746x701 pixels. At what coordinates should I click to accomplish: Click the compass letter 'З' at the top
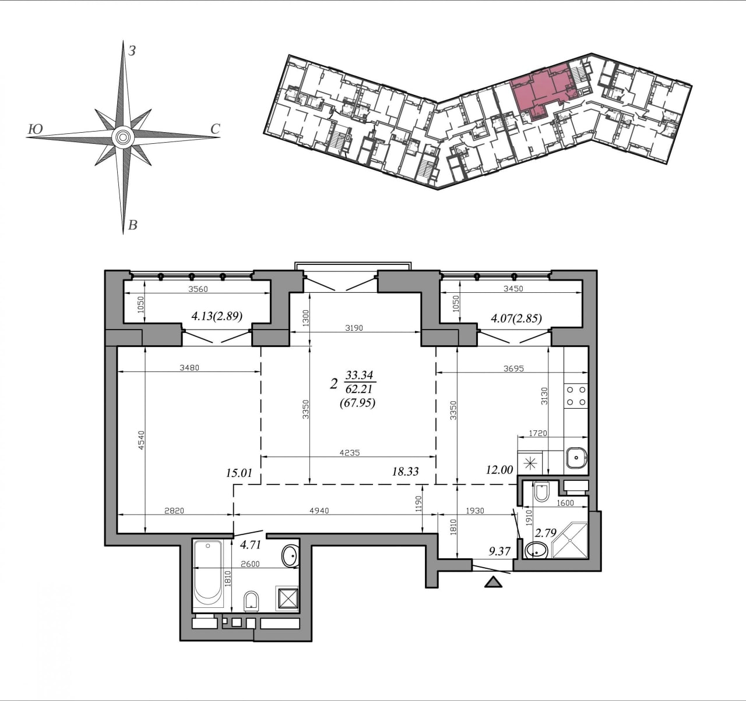click(132, 51)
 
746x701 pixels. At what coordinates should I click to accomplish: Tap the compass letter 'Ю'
click(36, 129)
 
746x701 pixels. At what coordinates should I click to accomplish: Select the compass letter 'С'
click(215, 129)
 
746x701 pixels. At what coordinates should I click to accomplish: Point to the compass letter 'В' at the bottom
click(133, 225)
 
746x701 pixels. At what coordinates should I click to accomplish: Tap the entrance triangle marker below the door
click(493, 582)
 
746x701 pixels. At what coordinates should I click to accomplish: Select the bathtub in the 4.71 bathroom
click(208, 576)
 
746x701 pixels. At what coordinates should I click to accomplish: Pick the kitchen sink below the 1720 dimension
click(576, 458)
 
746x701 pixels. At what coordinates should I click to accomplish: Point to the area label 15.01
click(239, 473)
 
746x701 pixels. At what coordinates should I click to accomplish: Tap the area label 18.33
click(405, 472)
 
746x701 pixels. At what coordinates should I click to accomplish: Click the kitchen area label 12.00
click(499, 469)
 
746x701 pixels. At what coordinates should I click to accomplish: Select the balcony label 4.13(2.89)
click(217, 316)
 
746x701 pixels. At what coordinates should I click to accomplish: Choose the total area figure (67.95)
click(358, 403)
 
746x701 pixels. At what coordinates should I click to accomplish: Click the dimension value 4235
click(350, 452)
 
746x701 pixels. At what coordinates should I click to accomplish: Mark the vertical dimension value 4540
click(141, 440)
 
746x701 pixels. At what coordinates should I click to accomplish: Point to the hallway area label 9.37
click(499, 551)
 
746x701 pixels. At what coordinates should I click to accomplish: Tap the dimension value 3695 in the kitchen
click(513, 369)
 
